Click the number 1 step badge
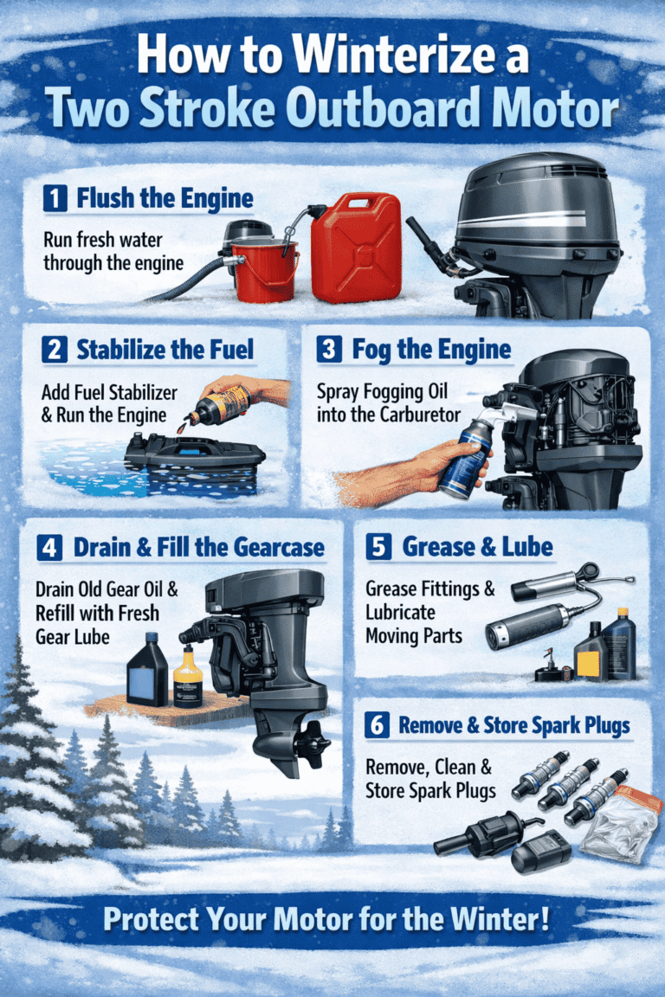(55, 198)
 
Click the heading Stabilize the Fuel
(165, 351)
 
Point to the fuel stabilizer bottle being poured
(220, 404)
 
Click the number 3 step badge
(328, 351)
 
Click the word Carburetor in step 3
(415, 415)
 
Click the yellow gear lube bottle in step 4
(188, 678)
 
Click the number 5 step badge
(378, 547)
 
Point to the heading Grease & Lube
(478, 547)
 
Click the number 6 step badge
(377, 725)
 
